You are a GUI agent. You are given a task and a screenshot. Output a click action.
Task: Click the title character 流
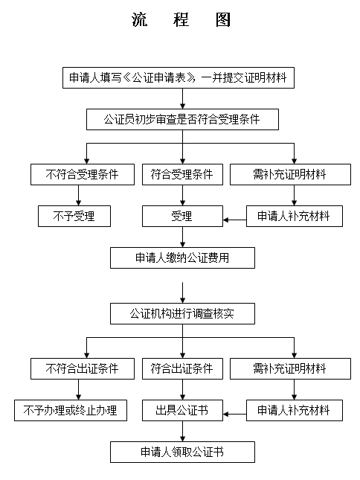[140, 19]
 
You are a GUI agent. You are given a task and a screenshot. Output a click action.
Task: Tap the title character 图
[222, 19]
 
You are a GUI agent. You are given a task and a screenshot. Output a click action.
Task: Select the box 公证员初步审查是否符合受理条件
[182, 119]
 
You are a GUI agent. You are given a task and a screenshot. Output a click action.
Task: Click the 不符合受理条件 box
[83, 174]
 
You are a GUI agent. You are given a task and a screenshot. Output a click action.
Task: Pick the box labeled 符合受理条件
[182, 174]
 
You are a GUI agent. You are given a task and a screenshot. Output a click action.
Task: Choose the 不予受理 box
[74, 216]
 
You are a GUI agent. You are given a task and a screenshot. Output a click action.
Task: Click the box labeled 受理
[182, 216]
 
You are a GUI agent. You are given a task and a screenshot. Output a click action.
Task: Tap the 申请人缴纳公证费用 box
[182, 257]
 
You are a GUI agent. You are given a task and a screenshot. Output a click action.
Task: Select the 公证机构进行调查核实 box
[182, 314]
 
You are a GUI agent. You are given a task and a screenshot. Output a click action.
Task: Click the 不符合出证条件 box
[83, 368]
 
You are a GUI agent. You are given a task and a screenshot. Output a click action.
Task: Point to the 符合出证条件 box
[182, 368]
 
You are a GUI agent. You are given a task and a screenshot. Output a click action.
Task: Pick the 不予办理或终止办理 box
[71, 410]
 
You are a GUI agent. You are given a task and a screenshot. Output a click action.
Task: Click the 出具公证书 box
[182, 410]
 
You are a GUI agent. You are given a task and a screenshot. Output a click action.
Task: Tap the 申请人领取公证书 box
[182, 452]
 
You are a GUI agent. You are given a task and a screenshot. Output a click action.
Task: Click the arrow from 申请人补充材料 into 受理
[235, 220]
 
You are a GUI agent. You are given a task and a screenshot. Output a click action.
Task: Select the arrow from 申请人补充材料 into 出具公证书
[235, 415]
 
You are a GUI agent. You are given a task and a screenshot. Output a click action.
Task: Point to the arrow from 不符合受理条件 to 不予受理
[78, 195]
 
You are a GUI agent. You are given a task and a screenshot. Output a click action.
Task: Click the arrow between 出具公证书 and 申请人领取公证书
[182, 431]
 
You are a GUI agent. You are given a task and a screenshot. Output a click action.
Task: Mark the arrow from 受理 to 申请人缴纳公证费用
[182, 237]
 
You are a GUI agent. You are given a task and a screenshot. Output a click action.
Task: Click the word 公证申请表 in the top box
[159, 77]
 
